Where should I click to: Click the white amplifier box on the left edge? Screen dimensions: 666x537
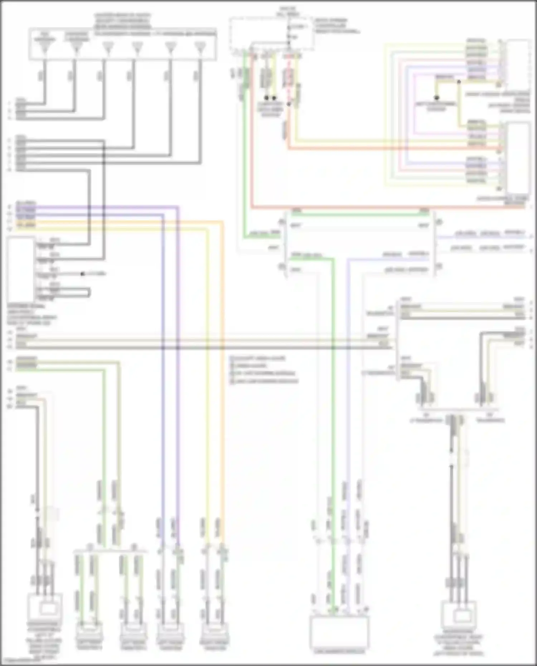(x=20, y=269)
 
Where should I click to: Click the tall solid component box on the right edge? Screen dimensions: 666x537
(x=518, y=157)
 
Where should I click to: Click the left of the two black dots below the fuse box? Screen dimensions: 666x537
(x=266, y=98)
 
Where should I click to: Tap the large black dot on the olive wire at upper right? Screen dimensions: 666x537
(x=436, y=97)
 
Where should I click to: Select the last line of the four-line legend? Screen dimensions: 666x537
(x=265, y=381)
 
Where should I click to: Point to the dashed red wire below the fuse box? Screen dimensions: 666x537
(x=289, y=82)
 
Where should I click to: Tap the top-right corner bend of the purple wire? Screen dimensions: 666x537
(x=178, y=207)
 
